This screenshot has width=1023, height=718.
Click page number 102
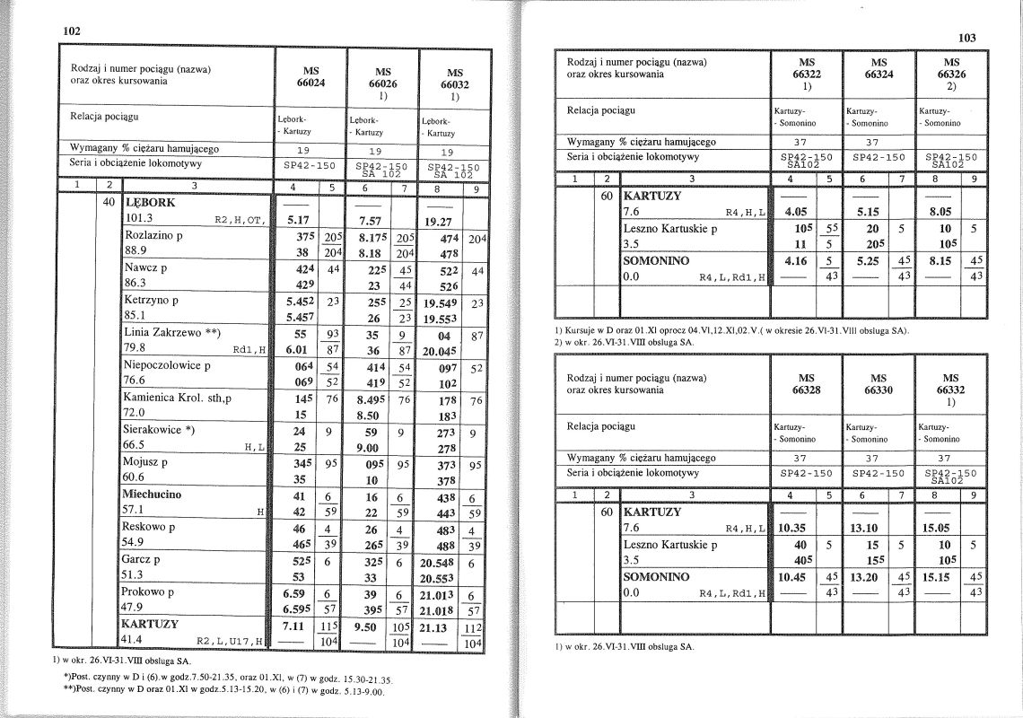[72, 31]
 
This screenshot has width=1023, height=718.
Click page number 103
[966, 38]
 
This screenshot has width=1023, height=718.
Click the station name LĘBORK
[151, 202]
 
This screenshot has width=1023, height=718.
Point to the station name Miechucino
[152, 494]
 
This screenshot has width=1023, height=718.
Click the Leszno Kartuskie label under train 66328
[670, 544]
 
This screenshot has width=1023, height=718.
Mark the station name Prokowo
[147, 592]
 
